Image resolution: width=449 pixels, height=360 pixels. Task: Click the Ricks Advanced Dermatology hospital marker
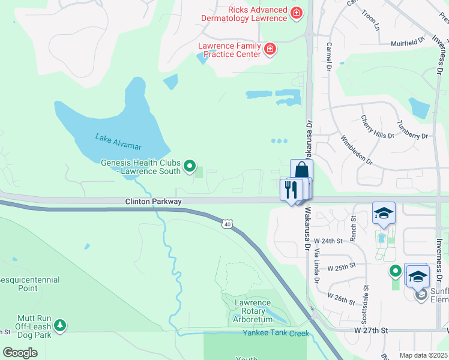click(295, 13)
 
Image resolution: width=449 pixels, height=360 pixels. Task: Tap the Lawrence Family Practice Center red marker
click(270, 49)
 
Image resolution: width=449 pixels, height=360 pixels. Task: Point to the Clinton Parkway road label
click(153, 202)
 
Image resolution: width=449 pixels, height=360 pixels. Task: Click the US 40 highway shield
click(227, 224)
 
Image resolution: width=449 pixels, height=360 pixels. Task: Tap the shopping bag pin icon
click(301, 170)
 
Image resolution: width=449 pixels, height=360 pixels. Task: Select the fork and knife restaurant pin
click(291, 190)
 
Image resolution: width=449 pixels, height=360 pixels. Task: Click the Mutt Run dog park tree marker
click(59, 325)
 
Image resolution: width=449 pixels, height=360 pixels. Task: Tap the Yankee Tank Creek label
click(276, 333)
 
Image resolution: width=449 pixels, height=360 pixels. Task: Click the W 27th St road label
click(372, 330)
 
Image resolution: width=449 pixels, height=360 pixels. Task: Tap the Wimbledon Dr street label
click(357, 150)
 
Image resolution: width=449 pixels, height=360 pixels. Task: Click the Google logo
click(20, 352)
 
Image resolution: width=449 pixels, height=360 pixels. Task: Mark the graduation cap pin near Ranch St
click(384, 214)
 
